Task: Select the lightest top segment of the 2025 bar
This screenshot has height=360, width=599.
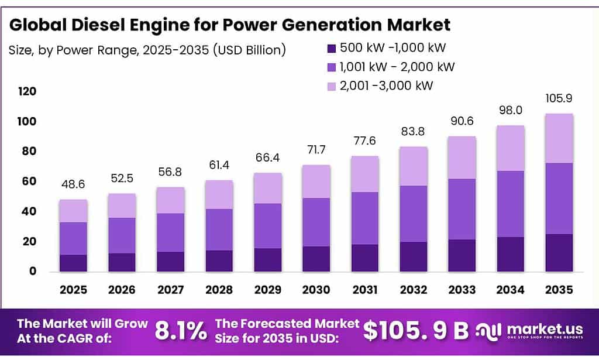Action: pos(73,211)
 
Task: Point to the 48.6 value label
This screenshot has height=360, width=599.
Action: pos(73,184)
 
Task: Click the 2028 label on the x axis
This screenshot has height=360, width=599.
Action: pos(218,289)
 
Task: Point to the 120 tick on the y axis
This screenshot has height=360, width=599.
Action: pos(27,91)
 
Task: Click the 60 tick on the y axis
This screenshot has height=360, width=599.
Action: pos(29,181)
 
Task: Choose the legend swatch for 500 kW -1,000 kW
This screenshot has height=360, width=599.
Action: pos(331,48)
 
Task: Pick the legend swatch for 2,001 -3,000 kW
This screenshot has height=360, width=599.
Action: pos(331,86)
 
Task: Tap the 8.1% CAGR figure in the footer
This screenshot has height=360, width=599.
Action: pos(181,331)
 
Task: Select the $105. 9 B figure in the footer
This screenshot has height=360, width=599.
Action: pos(416,331)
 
